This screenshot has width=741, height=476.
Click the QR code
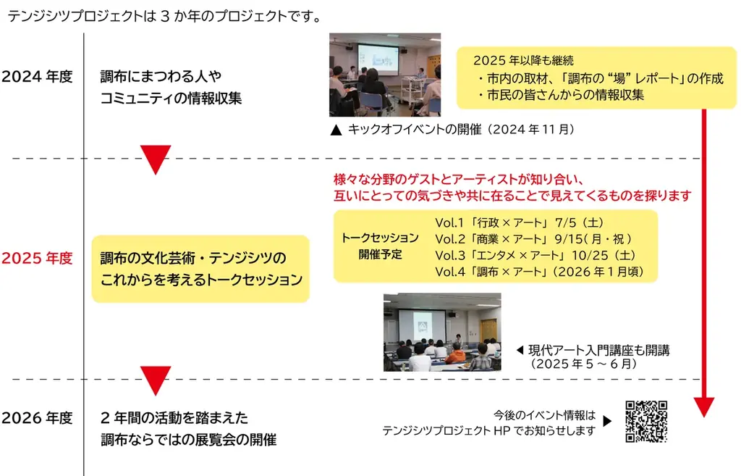point(646,421)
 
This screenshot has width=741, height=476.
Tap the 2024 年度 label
point(38,76)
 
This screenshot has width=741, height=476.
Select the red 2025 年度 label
point(38,258)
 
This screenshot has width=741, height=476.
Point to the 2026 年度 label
point(38,418)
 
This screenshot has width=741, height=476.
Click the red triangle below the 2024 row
point(156,159)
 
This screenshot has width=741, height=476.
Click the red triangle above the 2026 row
point(156,380)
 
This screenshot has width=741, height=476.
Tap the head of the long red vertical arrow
point(704,407)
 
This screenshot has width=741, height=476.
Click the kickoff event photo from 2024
point(385,75)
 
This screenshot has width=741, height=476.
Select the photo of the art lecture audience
point(441,332)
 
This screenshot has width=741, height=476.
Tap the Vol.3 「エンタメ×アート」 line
point(535,255)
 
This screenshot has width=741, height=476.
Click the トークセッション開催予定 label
point(379,246)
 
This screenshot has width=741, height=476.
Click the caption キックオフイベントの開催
point(452,130)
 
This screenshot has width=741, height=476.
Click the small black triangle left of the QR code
point(607,421)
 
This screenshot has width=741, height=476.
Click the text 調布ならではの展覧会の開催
point(188,440)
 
